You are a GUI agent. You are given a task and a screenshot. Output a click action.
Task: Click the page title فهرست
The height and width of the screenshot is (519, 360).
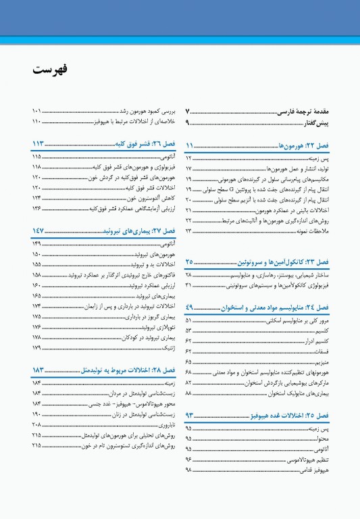click(50, 70)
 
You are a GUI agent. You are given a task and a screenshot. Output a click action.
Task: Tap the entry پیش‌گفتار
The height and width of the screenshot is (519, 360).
click(314, 122)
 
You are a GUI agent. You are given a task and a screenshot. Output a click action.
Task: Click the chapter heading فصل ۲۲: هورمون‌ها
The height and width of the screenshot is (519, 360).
click(304, 145)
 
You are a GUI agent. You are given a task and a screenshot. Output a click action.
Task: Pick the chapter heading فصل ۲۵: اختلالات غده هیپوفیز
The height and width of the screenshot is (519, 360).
click(292, 415)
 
